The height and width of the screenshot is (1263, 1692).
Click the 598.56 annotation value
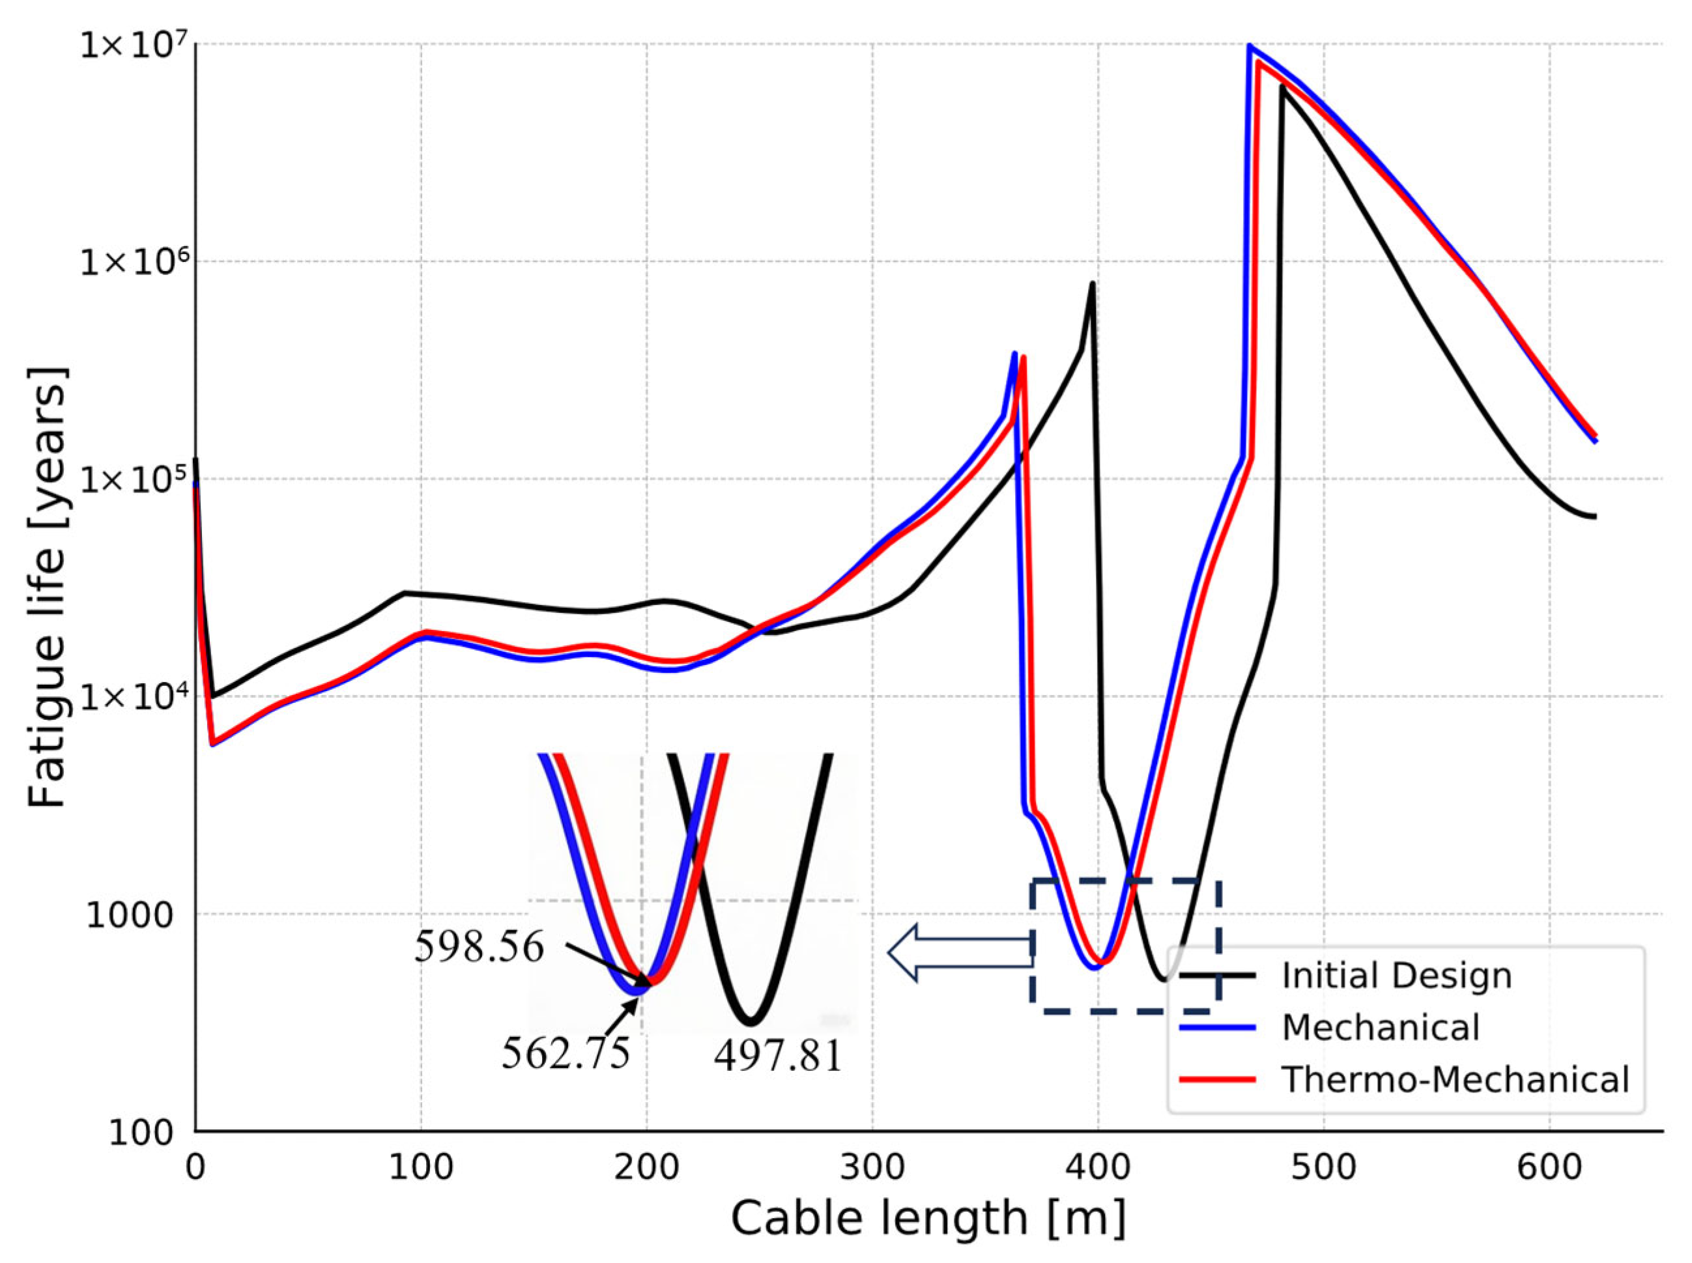[480, 947]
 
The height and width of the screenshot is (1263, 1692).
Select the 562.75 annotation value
[566, 1053]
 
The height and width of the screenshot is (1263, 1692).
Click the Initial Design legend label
[1397, 976]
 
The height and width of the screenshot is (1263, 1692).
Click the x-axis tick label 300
[872, 1168]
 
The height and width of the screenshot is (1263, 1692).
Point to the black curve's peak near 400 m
[1093, 285]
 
